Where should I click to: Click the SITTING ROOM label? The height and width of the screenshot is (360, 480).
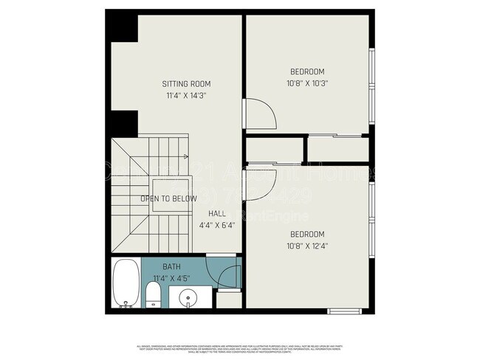click(x=187, y=84)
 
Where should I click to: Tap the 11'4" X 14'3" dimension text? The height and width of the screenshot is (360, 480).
click(x=187, y=96)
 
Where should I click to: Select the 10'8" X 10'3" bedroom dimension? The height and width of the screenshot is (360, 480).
click(x=306, y=83)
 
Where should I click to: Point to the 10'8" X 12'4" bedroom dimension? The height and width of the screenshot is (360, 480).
click(x=306, y=246)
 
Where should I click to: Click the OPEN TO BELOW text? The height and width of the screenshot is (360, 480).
click(x=169, y=199)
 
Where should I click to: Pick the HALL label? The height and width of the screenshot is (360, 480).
click(x=216, y=214)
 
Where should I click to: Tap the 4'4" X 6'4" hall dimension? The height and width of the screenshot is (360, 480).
click(x=216, y=226)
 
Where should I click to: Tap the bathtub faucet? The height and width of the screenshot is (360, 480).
click(x=127, y=302)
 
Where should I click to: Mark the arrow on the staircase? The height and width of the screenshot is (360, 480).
click(x=184, y=156)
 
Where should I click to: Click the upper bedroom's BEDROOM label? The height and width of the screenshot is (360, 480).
click(x=306, y=72)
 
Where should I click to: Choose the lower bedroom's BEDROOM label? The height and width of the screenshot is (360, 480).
click(x=306, y=235)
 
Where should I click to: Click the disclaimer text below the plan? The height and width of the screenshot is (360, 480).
click(x=240, y=349)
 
